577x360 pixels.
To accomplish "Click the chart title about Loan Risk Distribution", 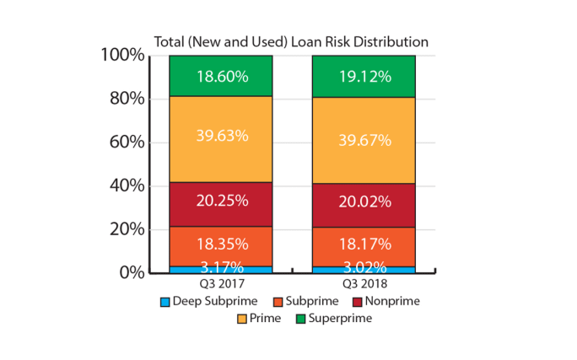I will [290, 41].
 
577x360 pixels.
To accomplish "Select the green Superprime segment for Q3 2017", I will [221, 76].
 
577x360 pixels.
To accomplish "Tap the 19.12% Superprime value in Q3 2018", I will [364, 76].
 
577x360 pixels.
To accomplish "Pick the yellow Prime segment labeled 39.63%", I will [221, 138].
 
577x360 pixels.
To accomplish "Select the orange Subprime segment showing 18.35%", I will [221, 244].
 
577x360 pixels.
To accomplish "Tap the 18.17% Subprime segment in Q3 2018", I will [364, 244].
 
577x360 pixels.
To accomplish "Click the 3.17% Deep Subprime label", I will [221, 267].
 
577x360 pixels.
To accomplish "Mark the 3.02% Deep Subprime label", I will [364, 267].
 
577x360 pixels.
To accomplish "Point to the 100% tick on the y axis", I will [123, 56].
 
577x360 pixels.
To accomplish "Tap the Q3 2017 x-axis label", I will [221, 285].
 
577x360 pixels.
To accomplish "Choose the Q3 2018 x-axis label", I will [364, 285].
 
